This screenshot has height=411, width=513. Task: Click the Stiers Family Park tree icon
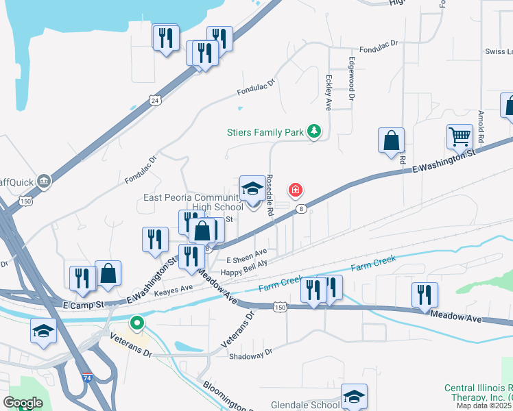(314, 130)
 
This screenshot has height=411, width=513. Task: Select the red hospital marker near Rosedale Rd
(296, 190)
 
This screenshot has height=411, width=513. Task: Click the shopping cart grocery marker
(459, 136)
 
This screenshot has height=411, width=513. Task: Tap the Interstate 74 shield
(86, 377)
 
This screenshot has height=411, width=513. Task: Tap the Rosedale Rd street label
(270, 195)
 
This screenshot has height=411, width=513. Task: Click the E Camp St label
(82, 303)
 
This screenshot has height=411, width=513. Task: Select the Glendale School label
(305, 405)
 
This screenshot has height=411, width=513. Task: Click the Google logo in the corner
(23, 403)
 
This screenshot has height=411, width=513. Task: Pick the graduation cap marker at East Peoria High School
(252, 189)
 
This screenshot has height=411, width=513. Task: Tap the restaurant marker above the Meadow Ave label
(425, 295)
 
